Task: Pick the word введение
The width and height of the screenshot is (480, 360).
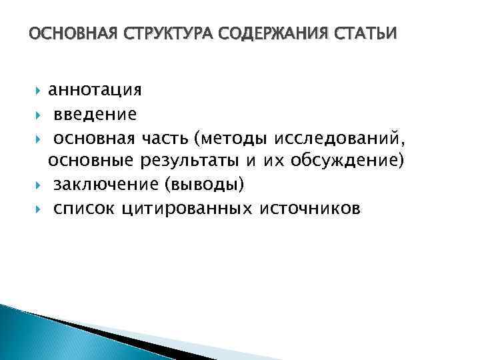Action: click(x=95, y=114)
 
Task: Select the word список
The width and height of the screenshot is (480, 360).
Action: click(x=84, y=209)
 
